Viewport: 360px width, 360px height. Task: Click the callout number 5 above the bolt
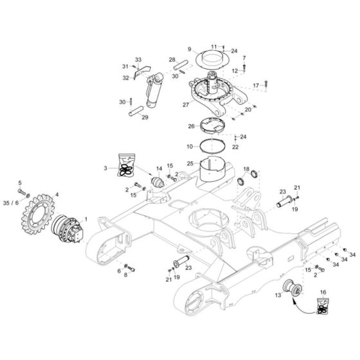[x=19, y=183]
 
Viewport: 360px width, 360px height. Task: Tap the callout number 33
[x=137, y=59]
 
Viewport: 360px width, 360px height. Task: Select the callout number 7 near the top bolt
[x=243, y=59]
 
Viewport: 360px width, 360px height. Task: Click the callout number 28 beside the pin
[x=172, y=59]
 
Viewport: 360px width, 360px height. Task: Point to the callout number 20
[x=248, y=110]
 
